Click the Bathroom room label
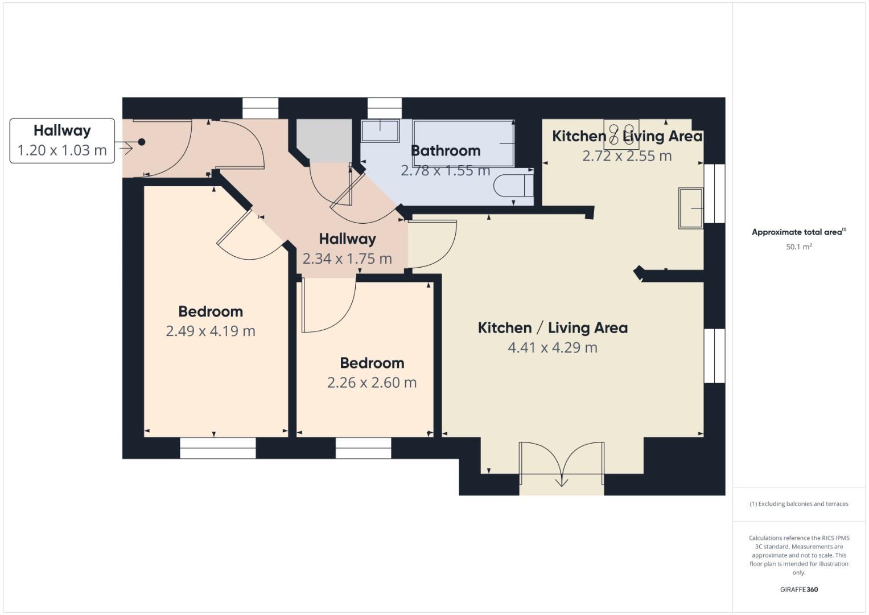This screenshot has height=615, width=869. coord(445,151)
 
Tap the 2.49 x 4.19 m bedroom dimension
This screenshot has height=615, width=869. coord(210,331)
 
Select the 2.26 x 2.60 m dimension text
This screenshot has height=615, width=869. coord(372,383)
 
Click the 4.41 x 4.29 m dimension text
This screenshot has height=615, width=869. coord(552,347)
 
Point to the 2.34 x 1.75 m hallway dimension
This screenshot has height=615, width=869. coord(347,259)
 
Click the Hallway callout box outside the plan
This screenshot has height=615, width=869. coord(62,141)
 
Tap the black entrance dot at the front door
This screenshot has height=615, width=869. coord(142,142)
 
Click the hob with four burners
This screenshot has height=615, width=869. coord(621,134)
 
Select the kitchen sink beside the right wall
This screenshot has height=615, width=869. coord(691,208)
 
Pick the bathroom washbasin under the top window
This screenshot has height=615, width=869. coord(380,130)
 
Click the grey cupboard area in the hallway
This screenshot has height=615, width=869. coord(323,141)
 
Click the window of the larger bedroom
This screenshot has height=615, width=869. coord(217,448)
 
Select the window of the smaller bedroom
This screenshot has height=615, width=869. coord(363,448)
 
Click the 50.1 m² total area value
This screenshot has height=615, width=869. coord(798,247)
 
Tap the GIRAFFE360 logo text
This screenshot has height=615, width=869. coord(798,589)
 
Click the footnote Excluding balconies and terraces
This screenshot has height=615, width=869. coord(798,504)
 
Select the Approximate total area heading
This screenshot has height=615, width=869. coord(798,232)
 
